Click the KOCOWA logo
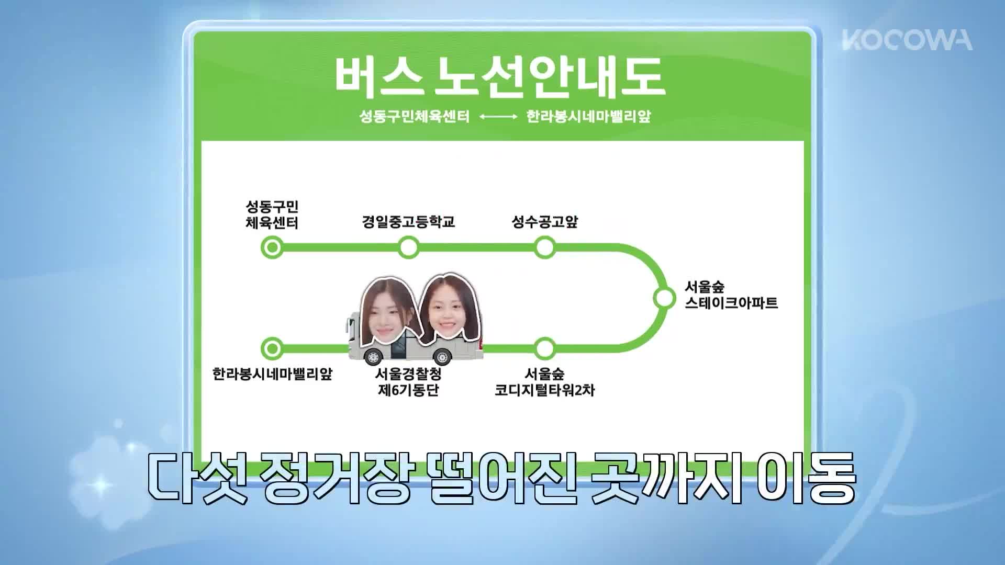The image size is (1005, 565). pos(907,40)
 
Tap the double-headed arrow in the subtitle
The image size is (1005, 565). pos(498,117)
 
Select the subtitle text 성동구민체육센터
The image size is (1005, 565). pos(415,116)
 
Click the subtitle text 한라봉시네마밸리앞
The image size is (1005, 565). pos(588,116)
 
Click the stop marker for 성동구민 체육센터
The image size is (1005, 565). pos(272,247)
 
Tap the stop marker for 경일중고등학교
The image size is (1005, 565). pos(408,247)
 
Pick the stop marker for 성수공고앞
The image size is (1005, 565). pos(545,247)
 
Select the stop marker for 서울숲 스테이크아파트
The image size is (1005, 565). pos(664,298)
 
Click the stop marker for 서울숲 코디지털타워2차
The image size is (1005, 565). pos(545,348)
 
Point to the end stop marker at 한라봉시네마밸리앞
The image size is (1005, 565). pos(272,348)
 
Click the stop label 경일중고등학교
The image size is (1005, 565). pos(408,222)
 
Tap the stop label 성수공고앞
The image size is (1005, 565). pos(545,222)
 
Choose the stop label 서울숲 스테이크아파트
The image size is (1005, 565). pos(731,295)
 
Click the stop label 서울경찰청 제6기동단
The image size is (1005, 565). pos(408,382)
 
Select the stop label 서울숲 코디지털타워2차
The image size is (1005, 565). pos(545,382)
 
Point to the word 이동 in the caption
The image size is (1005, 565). pos(808,479)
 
